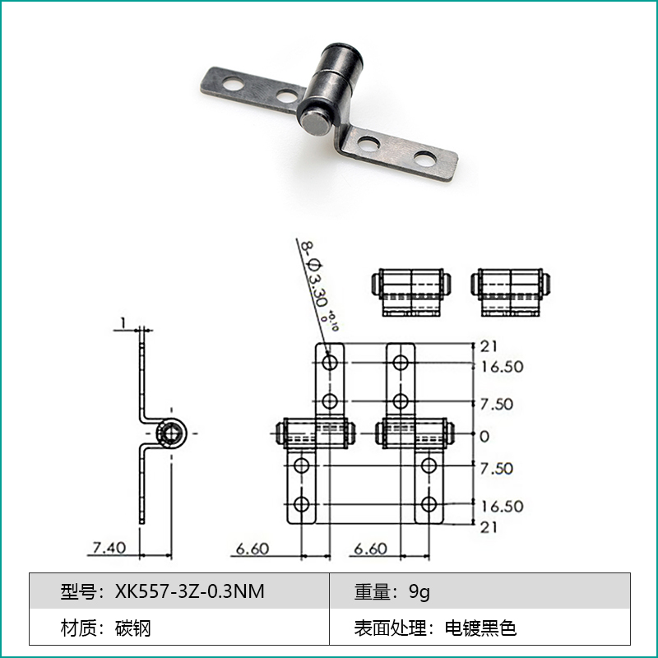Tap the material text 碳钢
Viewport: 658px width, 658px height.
point(134,629)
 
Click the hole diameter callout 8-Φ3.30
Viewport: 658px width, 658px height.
point(317,280)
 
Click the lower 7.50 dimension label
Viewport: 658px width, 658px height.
point(497,468)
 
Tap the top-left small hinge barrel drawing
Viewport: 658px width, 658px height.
point(410,290)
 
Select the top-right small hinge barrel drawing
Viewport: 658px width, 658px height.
point(510,290)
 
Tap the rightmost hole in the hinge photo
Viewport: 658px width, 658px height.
point(424,156)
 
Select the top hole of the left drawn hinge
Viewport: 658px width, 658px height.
point(330,361)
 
